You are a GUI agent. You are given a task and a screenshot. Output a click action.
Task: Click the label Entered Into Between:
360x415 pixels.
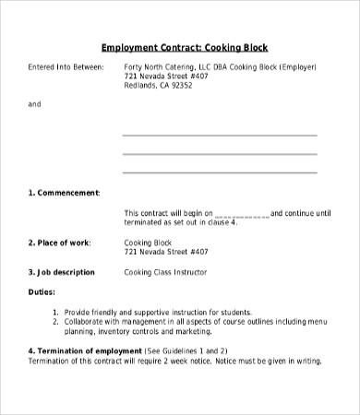[66, 68]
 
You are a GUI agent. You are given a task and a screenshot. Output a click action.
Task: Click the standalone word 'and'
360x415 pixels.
[34, 104]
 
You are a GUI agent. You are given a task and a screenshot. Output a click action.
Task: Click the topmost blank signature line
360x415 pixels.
[220, 134]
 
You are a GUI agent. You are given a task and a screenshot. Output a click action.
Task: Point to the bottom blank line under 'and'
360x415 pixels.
[220, 171]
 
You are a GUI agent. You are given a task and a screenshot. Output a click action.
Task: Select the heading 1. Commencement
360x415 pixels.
[64, 193]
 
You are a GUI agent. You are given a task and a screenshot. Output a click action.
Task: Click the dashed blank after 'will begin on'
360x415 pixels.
[242, 212]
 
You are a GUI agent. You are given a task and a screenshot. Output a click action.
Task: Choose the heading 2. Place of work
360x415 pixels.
[59, 242]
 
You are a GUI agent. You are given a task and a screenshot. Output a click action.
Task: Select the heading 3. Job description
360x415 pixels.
[62, 272]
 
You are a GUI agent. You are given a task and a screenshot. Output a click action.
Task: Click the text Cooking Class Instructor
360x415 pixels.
[166, 272]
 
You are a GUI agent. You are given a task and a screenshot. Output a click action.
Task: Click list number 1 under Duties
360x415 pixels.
[56, 313]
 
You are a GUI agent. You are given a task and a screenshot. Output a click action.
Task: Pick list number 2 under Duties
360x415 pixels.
[56, 322]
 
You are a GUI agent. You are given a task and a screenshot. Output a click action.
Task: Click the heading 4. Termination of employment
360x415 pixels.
[85, 351]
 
